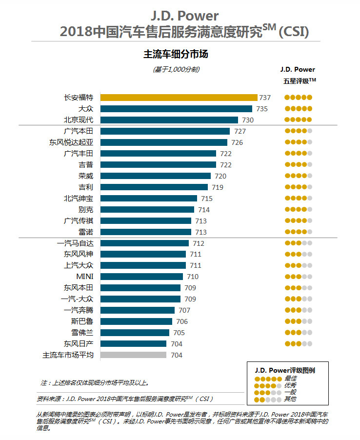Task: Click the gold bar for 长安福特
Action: coord(179,98)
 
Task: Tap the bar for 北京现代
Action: coord(169,120)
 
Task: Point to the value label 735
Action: coord(262,109)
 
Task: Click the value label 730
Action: coord(248,120)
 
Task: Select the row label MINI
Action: coord(84,277)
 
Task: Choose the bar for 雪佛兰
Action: coord(135,333)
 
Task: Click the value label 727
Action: coord(240,131)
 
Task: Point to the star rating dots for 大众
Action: coord(298,109)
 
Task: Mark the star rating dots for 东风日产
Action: coord(298,344)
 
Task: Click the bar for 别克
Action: coord(147,210)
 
